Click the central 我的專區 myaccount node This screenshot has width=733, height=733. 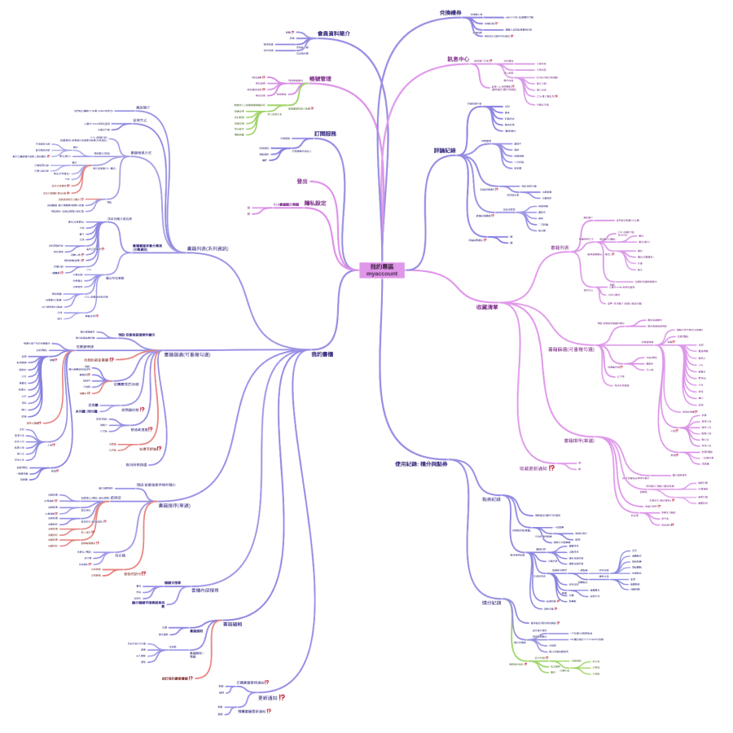click(382, 270)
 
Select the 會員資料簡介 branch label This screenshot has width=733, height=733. click(334, 33)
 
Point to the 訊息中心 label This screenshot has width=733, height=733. click(459, 59)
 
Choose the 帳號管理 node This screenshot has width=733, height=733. click(320, 78)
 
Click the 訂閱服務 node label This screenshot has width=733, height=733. click(326, 134)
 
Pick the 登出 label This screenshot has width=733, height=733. click(302, 182)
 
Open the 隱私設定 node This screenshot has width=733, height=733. click(315, 203)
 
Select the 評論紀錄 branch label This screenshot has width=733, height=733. click(450, 151)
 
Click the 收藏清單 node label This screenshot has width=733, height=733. click(488, 307)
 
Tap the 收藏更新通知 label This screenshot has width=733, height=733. click(533, 468)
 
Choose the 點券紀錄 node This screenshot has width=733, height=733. click(492, 498)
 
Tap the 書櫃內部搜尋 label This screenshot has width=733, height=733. click(204, 590)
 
